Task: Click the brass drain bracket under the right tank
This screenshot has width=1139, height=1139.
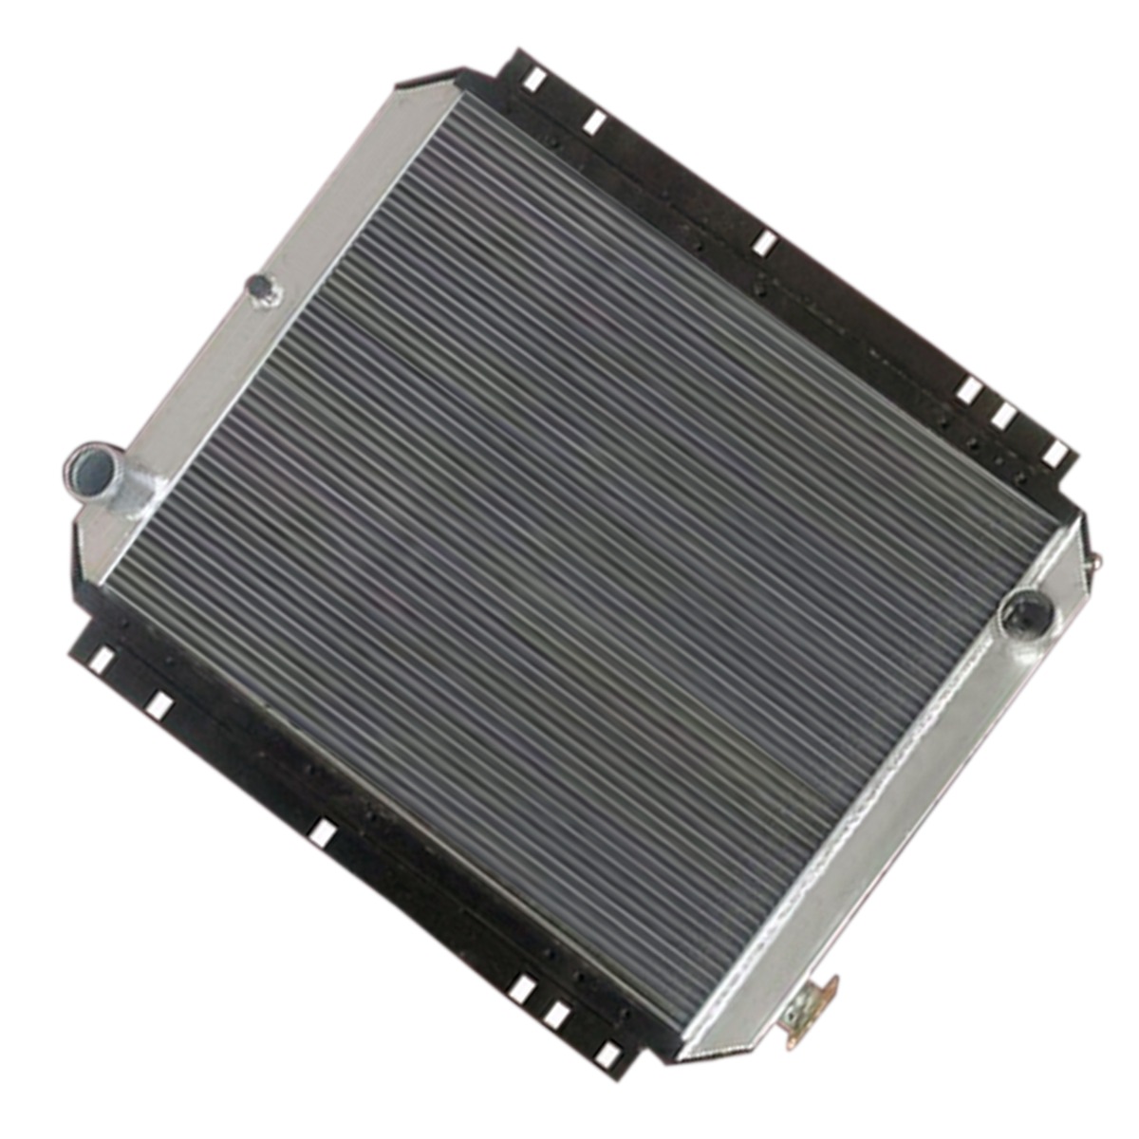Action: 810,1010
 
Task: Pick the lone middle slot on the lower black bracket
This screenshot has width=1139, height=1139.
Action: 323,833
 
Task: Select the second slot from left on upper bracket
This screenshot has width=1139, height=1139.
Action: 595,121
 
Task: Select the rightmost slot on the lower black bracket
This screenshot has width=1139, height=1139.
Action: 606,1054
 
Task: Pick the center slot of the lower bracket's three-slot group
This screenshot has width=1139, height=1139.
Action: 556,1017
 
